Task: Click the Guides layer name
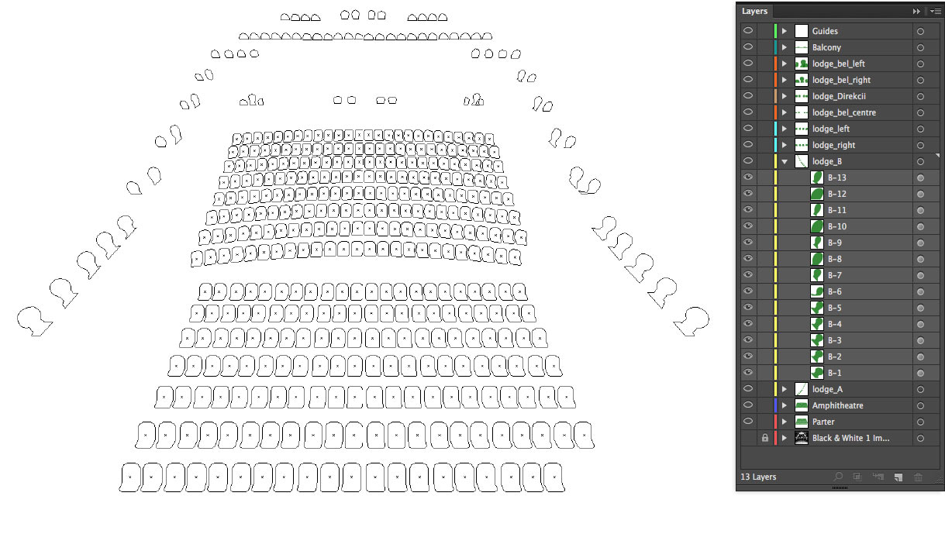point(825,31)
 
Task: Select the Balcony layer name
point(826,47)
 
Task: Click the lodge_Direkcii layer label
point(839,97)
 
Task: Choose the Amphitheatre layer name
point(837,406)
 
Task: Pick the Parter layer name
point(823,422)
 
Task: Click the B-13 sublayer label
point(836,178)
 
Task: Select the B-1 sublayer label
point(834,374)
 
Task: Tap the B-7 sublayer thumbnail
point(817,275)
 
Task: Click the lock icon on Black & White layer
point(765,438)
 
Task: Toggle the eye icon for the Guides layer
point(748,31)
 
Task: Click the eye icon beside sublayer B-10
point(748,226)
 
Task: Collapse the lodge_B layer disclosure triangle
point(785,161)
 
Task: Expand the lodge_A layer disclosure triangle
point(785,389)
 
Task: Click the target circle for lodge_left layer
point(920,129)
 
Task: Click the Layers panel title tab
point(754,12)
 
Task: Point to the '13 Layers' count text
point(758,477)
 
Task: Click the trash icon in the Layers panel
point(918,477)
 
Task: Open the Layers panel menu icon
point(935,12)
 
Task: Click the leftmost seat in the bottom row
point(130,477)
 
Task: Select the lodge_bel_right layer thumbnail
point(801,80)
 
